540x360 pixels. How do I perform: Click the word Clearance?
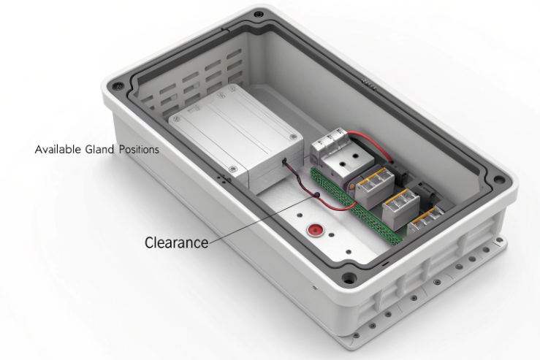point(175,241)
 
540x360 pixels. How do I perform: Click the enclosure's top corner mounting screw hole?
point(259,13)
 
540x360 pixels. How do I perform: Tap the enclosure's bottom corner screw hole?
point(351,278)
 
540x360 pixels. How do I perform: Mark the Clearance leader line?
point(256,218)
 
